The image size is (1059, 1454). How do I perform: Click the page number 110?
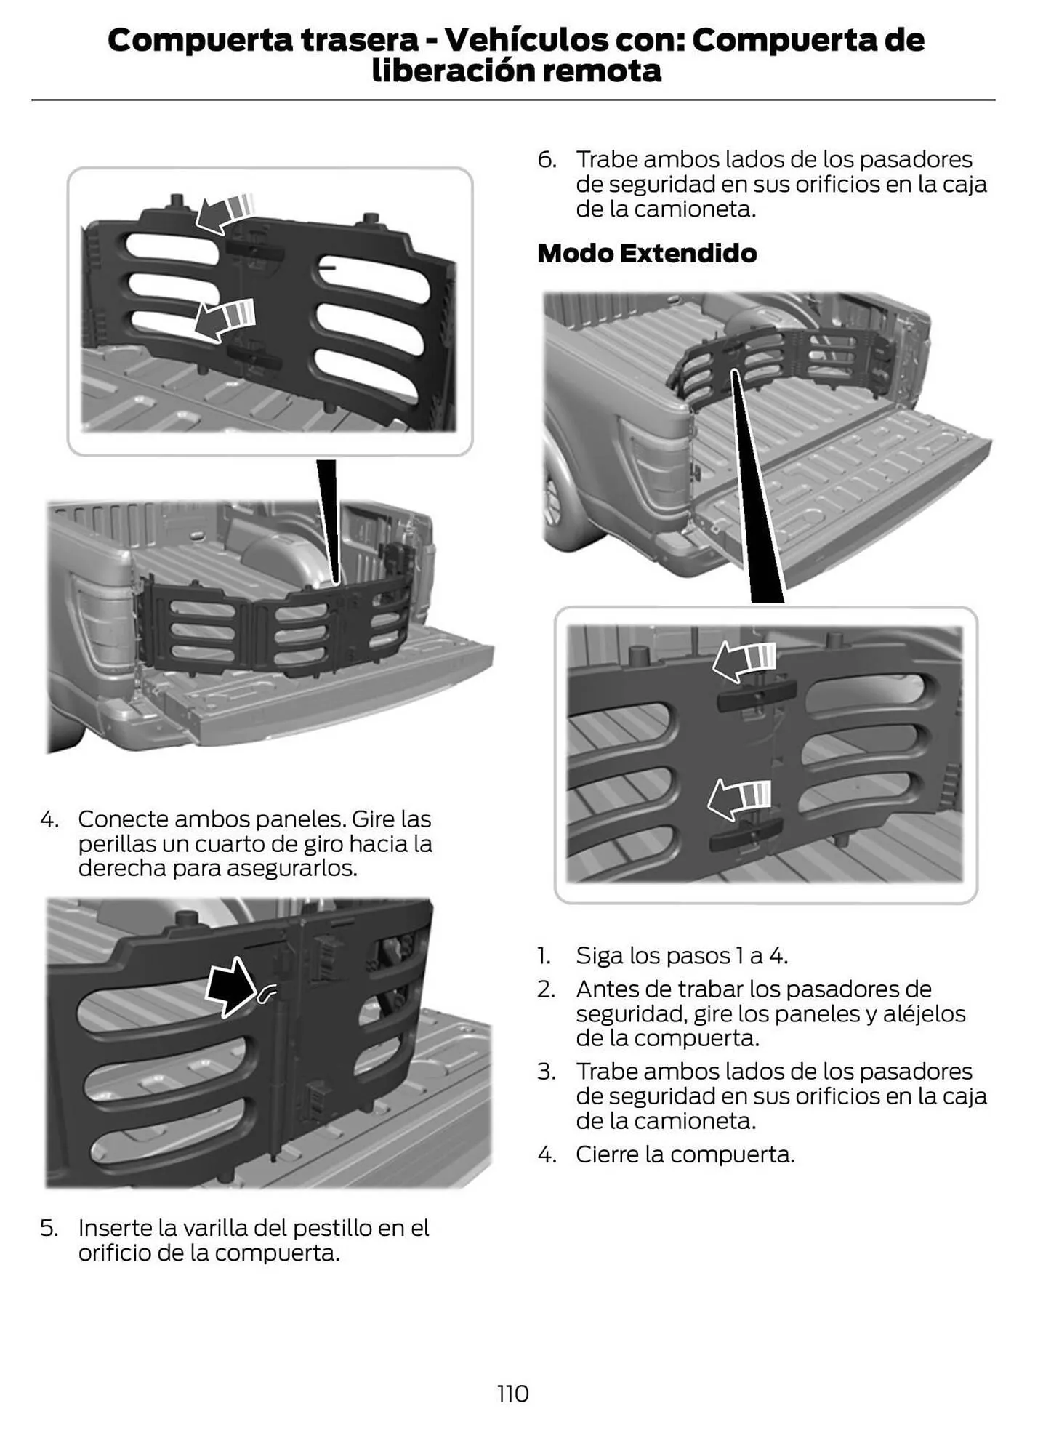512,1393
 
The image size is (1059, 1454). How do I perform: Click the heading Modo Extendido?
646,253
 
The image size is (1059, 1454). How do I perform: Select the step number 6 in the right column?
546,159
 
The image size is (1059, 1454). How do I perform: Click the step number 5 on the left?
49,1228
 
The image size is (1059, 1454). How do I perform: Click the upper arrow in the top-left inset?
224,212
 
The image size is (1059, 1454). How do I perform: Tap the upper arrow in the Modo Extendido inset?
743,660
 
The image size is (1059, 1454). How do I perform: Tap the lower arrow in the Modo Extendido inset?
738,798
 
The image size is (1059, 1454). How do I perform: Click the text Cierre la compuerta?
684,1154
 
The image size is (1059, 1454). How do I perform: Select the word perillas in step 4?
113,843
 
